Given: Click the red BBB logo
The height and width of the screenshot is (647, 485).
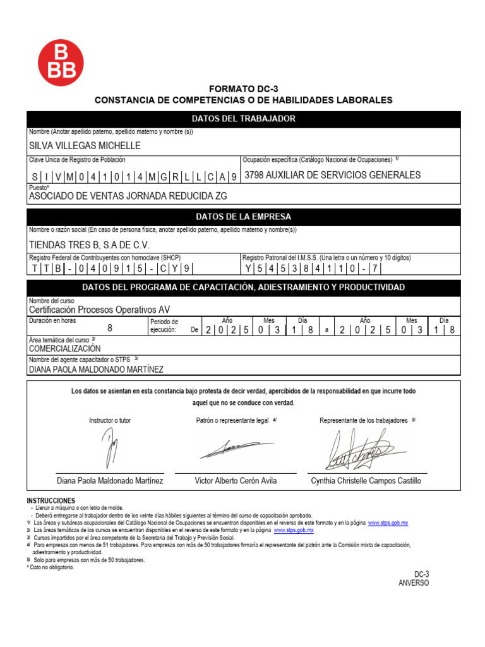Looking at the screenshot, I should tap(61, 61).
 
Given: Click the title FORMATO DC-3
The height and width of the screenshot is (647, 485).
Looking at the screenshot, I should tap(243, 89).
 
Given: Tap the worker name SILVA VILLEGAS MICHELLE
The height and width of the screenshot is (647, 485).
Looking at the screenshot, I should tap(85, 145).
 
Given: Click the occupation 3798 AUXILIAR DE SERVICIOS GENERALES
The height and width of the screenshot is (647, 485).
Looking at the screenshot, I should tap(332, 175).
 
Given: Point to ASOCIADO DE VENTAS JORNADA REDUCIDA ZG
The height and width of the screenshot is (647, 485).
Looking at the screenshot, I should tap(128, 196).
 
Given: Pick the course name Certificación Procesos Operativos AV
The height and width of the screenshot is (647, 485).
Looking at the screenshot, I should tap(99, 310).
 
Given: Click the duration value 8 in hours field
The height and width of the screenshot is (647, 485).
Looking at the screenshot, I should tap(110, 328).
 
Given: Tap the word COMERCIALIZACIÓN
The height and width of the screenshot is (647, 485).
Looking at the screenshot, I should tap(64, 348).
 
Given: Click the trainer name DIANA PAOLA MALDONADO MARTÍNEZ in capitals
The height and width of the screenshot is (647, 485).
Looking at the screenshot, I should tap(96, 369).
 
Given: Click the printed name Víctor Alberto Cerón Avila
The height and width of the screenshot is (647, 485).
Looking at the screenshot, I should tap(236, 481).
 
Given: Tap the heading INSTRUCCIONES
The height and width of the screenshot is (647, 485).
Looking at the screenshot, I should tap(51, 500).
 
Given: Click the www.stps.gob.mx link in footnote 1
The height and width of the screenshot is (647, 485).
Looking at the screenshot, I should tap(388, 523).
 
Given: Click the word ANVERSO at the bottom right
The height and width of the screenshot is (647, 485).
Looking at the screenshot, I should tap(413, 583).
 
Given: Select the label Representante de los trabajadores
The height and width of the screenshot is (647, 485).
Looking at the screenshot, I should tap(364, 420).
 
